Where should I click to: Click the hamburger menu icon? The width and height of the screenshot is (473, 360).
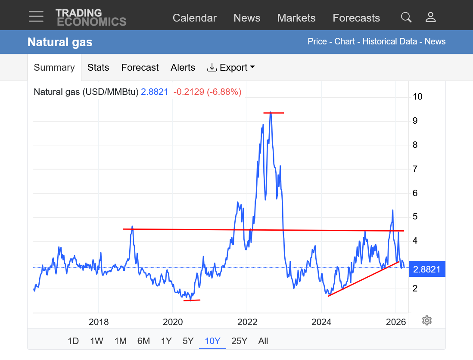(x=36, y=16)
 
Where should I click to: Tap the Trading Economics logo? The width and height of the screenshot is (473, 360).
(x=91, y=17)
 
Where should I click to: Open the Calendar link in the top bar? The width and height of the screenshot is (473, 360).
(x=195, y=18)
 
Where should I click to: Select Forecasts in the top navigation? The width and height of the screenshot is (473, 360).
(x=356, y=18)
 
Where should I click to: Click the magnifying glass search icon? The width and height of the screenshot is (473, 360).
(x=406, y=17)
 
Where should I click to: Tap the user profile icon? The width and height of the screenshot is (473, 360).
(x=430, y=17)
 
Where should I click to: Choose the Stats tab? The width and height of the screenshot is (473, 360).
(x=98, y=67)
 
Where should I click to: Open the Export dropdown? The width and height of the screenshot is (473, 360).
(x=231, y=67)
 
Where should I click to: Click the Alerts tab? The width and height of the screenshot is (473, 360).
(x=183, y=67)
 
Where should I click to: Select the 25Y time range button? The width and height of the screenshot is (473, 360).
(x=239, y=341)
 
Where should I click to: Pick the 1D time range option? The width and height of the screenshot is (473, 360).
(x=73, y=341)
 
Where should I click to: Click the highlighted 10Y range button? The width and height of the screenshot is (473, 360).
(x=212, y=341)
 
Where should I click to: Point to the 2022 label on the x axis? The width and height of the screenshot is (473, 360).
(x=247, y=322)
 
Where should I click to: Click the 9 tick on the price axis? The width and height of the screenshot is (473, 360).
(x=415, y=121)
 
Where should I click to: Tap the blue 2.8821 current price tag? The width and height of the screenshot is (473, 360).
(x=427, y=269)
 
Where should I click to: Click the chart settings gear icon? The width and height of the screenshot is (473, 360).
(x=427, y=320)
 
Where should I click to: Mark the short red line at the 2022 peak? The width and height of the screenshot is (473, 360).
(x=274, y=113)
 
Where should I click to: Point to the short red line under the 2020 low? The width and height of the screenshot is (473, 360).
(x=192, y=300)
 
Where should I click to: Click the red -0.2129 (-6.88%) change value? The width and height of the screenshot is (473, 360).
(x=208, y=92)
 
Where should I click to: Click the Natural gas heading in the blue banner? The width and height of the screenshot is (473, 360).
(x=60, y=42)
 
